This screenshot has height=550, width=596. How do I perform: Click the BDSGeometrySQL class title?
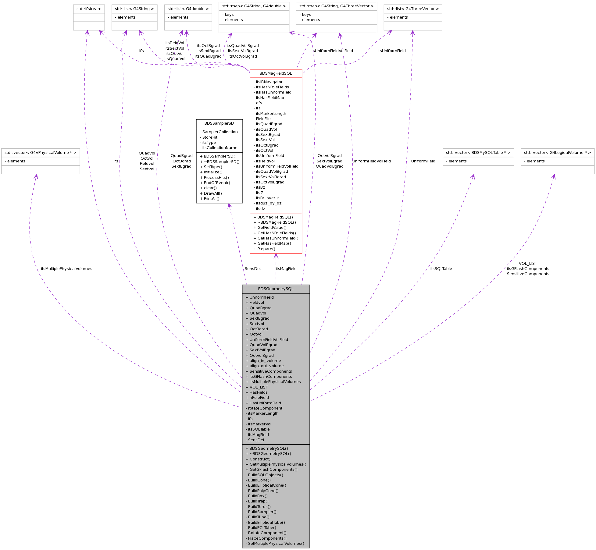click(276, 289)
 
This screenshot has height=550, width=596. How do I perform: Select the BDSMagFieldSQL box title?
click(276, 73)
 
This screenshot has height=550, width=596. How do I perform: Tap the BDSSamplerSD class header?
click(219, 123)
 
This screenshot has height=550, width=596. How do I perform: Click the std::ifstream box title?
click(89, 9)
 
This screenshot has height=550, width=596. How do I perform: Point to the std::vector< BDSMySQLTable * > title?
click(478, 153)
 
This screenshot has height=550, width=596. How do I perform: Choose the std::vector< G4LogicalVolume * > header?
click(557, 153)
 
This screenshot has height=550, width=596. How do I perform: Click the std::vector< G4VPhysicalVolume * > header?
click(41, 153)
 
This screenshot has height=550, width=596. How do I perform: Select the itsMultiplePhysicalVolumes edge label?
click(66, 269)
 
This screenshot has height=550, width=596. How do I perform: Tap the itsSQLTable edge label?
click(441, 269)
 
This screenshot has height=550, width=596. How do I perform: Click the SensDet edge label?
click(253, 269)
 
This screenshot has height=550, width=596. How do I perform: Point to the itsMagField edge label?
click(286, 269)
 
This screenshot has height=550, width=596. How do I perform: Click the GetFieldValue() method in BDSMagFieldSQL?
click(270, 228)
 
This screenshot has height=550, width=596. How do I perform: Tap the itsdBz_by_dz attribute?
click(267, 203)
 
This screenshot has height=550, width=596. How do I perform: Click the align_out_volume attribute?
click(265, 366)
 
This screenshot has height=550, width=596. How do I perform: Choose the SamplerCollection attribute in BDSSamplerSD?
click(219, 132)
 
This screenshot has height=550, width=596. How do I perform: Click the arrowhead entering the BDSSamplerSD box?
click(229, 206)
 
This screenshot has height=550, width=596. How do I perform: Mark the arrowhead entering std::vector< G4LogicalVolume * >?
click(554, 176)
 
